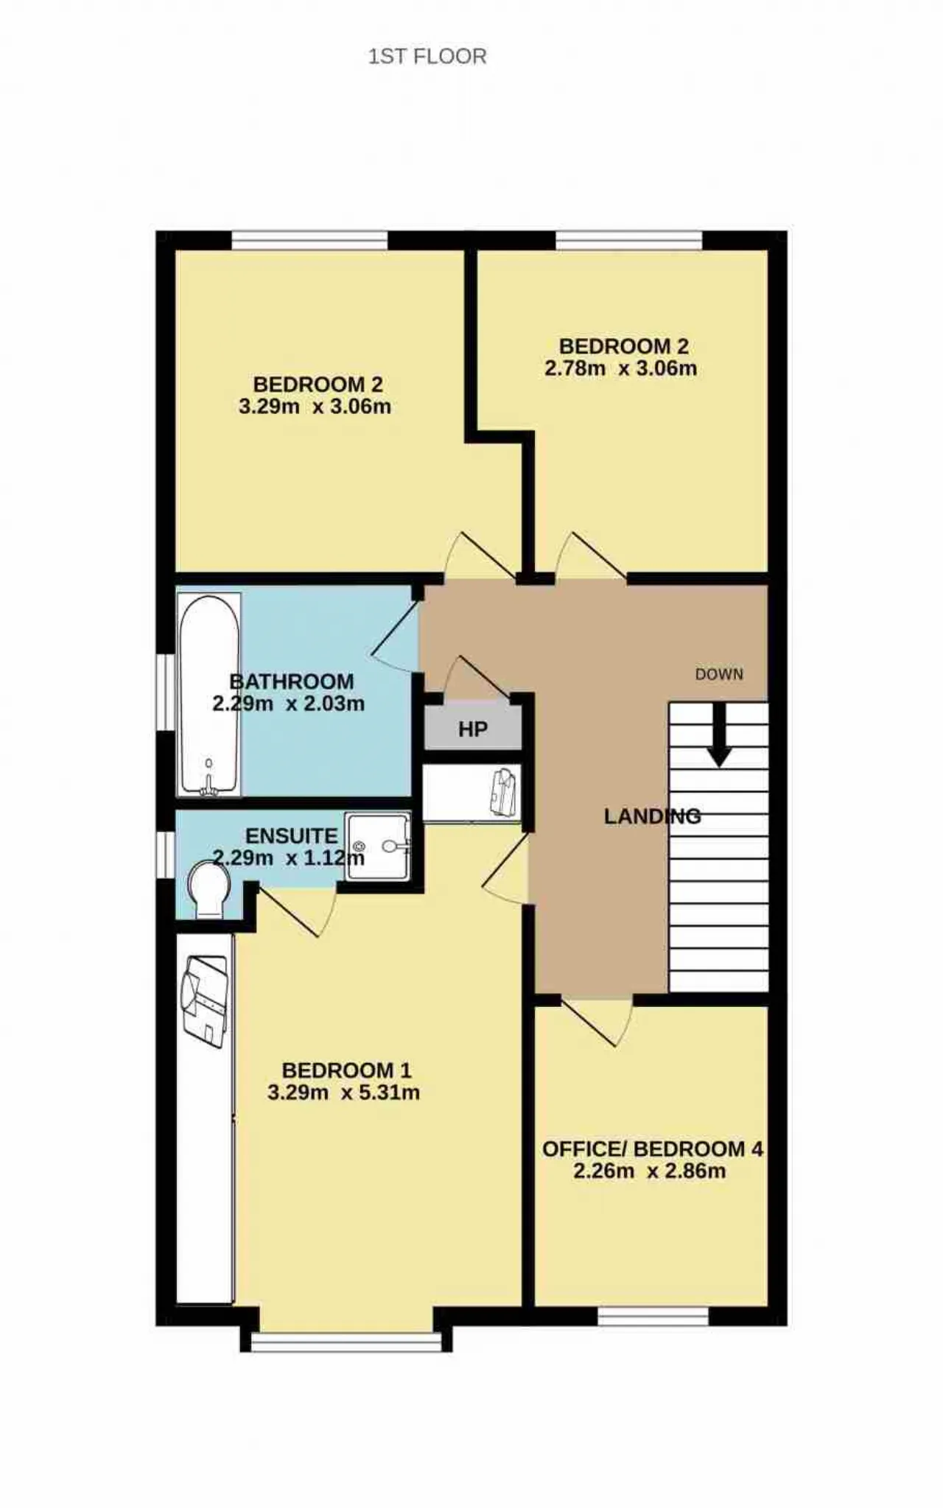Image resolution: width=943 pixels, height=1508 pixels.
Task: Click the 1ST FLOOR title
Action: tap(427, 57)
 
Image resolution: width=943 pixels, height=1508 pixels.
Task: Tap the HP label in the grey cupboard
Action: tap(473, 729)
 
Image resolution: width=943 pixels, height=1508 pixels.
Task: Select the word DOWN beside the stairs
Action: tap(719, 674)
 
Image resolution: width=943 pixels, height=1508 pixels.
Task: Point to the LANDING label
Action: tap(652, 816)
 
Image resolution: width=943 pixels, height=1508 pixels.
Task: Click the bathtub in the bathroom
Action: tap(209, 695)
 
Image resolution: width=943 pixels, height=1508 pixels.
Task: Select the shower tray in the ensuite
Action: tap(378, 846)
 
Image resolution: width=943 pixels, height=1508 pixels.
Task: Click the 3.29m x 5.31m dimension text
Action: tap(344, 1092)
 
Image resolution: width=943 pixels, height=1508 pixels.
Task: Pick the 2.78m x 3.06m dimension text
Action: tap(621, 368)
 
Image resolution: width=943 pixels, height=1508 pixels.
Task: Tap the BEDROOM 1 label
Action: tap(346, 1070)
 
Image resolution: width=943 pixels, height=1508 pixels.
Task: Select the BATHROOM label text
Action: tap(292, 681)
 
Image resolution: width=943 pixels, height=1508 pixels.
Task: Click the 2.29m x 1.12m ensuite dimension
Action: tap(289, 858)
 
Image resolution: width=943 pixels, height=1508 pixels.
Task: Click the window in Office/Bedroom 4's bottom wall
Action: tap(653, 1316)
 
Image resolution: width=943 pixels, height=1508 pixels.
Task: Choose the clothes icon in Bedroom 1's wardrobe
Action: tap(204, 1000)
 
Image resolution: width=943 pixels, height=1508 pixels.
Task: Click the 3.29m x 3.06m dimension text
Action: tap(315, 406)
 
